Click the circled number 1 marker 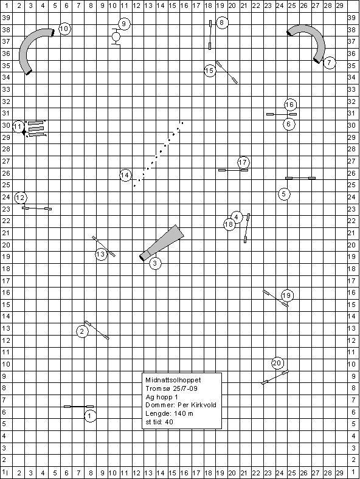(x=90, y=416)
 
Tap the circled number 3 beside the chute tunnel (x=155, y=263)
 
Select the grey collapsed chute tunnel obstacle (x=162, y=243)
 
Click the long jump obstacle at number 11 (x=36, y=129)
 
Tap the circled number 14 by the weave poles (x=125, y=175)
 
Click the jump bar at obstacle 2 (x=97, y=330)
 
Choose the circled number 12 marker (x=21, y=198)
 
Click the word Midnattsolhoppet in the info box (x=173, y=381)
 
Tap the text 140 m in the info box (x=184, y=413)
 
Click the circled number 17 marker (x=243, y=162)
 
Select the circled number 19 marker (x=286, y=295)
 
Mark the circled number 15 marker (x=210, y=71)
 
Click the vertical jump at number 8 (x=210, y=35)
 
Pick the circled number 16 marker (x=289, y=105)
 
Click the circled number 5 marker (x=284, y=194)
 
